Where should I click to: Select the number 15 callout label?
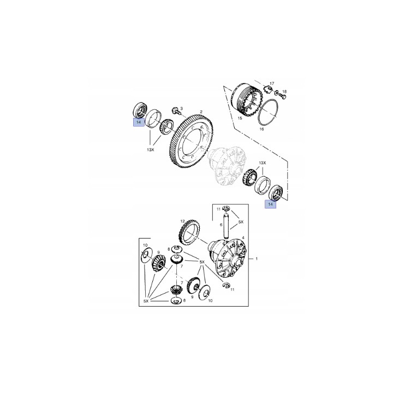[240, 118]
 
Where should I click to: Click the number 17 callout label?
[272, 84]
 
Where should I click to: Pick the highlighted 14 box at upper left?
[139, 122]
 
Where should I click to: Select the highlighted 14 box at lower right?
[270, 204]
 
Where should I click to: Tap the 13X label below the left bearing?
[151, 150]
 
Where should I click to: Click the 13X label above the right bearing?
[263, 163]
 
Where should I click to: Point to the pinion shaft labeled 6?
[226, 225]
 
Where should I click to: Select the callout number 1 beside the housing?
[257, 259]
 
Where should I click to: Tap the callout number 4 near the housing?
[243, 237]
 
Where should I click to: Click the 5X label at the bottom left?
[146, 301]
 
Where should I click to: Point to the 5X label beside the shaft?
[241, 222]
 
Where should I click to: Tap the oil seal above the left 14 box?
[139, 110]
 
